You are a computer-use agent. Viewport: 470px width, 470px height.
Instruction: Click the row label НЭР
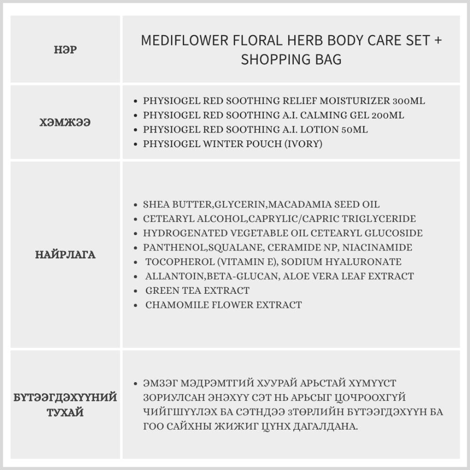tap(65, 49)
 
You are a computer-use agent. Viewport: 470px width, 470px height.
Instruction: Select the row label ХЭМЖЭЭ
tap(65, 123)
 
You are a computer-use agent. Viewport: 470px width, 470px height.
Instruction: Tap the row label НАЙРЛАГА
tap(65, 255)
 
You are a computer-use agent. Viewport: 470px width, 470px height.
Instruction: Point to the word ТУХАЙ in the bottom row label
tap(65, 413)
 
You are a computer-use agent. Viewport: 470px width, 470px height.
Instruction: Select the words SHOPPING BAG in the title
tap(291, 60)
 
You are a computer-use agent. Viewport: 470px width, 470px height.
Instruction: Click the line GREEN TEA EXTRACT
tap(197, 290)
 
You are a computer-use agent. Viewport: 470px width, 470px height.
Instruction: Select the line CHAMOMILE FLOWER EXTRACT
tap(223, 305)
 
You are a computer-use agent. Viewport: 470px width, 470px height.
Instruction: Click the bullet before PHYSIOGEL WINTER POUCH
tap(135, 144)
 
